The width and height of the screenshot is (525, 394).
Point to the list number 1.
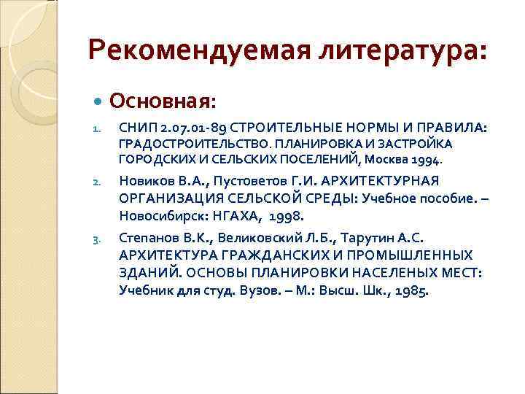(94, 129)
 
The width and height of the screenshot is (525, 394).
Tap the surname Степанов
(146, 237)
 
